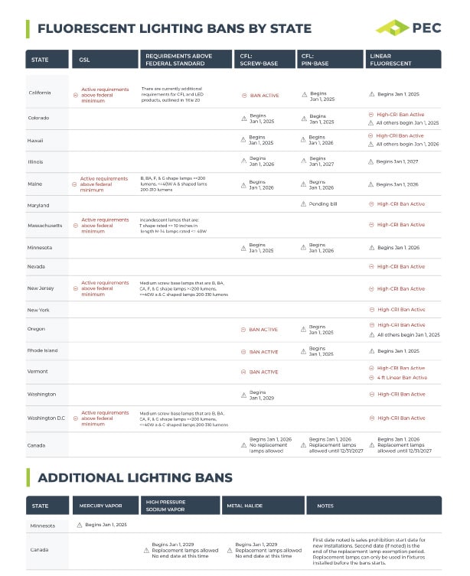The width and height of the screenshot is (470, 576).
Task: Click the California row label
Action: pos(39,93)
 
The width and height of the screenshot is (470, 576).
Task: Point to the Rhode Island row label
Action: pos(41,350)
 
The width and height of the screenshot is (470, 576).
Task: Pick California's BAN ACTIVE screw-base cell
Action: pos(263,96)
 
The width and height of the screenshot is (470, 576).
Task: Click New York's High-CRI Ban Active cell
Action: pos(400,310)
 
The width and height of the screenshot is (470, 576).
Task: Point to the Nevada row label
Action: pos(36,266)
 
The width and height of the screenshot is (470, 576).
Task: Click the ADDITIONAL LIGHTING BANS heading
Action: pos(135,478)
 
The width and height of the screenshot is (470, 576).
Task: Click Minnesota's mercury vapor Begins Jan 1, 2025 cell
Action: pos(106,525)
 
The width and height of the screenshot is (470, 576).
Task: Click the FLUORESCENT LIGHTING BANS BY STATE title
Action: pos(175,29)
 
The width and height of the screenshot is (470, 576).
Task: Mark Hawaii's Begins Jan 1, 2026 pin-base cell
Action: pos(321,140)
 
